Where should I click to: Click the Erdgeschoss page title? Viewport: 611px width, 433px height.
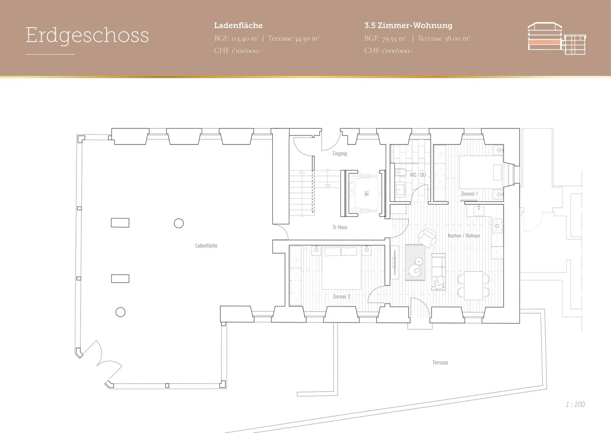[87, 36]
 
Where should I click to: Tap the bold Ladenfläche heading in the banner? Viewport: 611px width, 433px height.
[238, 25]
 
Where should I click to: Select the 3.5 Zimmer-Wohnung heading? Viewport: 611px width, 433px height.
[408, 25]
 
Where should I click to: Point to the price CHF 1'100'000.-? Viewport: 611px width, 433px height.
[238, 51]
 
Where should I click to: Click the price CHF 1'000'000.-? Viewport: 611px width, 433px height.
[389, 51]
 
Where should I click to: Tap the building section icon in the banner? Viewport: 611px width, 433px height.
[557, 38]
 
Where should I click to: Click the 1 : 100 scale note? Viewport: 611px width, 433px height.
[575, 404]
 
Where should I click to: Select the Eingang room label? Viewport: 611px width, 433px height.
[340, 153]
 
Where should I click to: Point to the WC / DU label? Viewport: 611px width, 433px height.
[418, 175]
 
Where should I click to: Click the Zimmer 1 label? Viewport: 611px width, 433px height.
[469, 194]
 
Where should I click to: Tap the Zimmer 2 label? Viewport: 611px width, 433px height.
[341, 297]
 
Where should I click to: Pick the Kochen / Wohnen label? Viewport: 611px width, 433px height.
[464, 235]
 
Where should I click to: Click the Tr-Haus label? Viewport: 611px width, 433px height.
[340, 227]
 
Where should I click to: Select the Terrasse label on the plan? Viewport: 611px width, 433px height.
[440, 362]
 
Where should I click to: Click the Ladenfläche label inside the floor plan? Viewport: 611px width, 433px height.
[206, 245]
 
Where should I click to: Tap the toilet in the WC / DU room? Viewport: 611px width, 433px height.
[401, 173]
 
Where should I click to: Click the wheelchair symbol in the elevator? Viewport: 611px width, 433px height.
[367, 193]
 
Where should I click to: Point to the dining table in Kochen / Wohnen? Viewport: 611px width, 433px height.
[474, 286]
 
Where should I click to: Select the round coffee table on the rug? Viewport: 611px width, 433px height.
[415, 271]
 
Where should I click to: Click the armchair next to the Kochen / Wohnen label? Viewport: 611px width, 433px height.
[427, 237]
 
